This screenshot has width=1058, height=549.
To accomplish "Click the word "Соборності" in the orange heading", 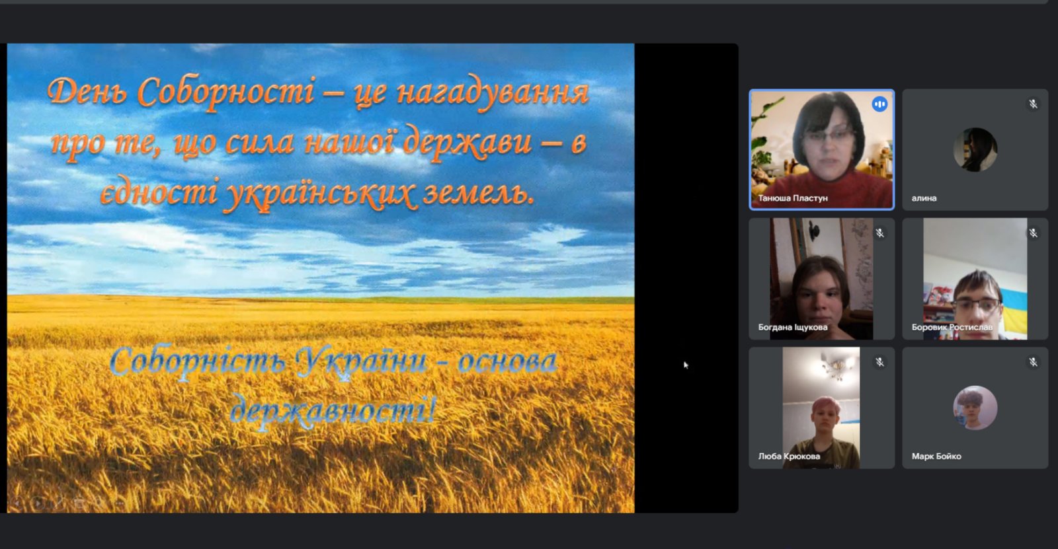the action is click(x=226, y=92).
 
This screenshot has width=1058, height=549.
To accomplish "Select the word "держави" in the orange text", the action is click(x=467, y=143).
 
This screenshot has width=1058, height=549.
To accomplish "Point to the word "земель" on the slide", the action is click(x=478, y=194).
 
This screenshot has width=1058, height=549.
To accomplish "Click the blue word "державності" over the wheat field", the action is click(x=333, y=410).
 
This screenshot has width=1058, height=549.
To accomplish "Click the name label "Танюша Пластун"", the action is click(x=793, y=198).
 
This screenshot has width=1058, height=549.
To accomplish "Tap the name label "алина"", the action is click(x=924, y=198).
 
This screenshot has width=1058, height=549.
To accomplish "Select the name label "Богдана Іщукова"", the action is click(x=793, y=327).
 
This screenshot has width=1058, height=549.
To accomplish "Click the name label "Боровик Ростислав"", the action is click(x=952, y=327).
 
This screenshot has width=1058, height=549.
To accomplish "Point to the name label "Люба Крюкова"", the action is click(x=789, y=456).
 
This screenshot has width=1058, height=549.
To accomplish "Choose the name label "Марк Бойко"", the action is click(x=936, y=456).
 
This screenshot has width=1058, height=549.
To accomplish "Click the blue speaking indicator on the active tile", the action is click(x=879, y=104).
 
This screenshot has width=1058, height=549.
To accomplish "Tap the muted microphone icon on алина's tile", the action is click(x=1033, y=104).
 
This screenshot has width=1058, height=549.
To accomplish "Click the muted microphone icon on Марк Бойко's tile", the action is click(x=1033, y=362).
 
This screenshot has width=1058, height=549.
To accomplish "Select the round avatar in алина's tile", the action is click(x=975, y=150).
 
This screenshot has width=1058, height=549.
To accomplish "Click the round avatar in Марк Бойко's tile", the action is click(x=975, y=408).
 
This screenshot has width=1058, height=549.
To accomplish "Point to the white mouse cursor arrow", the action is click(x=686, y=365).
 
